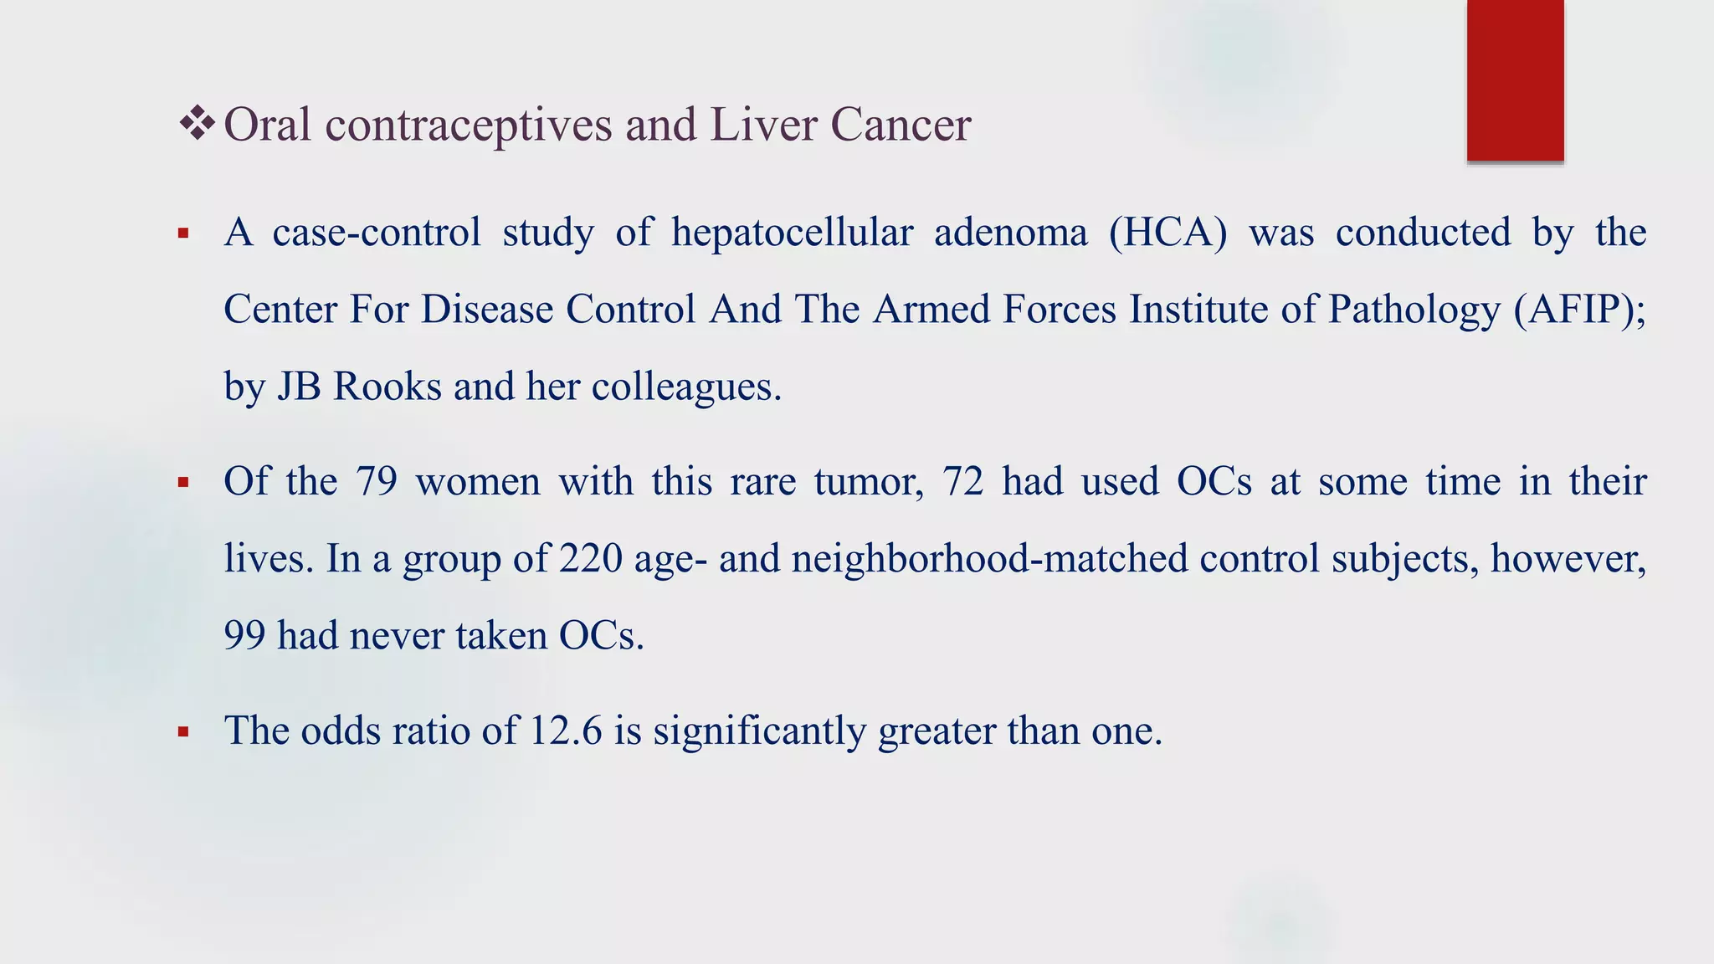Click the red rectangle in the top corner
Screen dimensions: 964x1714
coord(1515,79)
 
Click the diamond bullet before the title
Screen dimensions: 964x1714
coord(198,124)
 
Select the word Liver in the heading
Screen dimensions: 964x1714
coord(763,125)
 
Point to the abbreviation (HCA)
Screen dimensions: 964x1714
coord(1167,232)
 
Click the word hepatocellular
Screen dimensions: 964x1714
coord(792,232)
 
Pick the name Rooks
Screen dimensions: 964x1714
coord(387,386)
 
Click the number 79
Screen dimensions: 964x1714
coord(376,481)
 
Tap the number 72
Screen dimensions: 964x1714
coord(962,481)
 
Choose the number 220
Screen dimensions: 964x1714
coord(591,558)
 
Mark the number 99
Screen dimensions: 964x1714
coord(244,635)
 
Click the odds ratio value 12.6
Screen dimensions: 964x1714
coord(566,730)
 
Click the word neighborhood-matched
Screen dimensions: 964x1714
coord(989,558)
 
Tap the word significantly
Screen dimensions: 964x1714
coord(759,730)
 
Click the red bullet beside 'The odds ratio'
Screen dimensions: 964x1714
coord(183,733)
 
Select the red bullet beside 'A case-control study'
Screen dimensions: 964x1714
coord(183,234)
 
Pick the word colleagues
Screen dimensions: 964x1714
coord(686,386)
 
